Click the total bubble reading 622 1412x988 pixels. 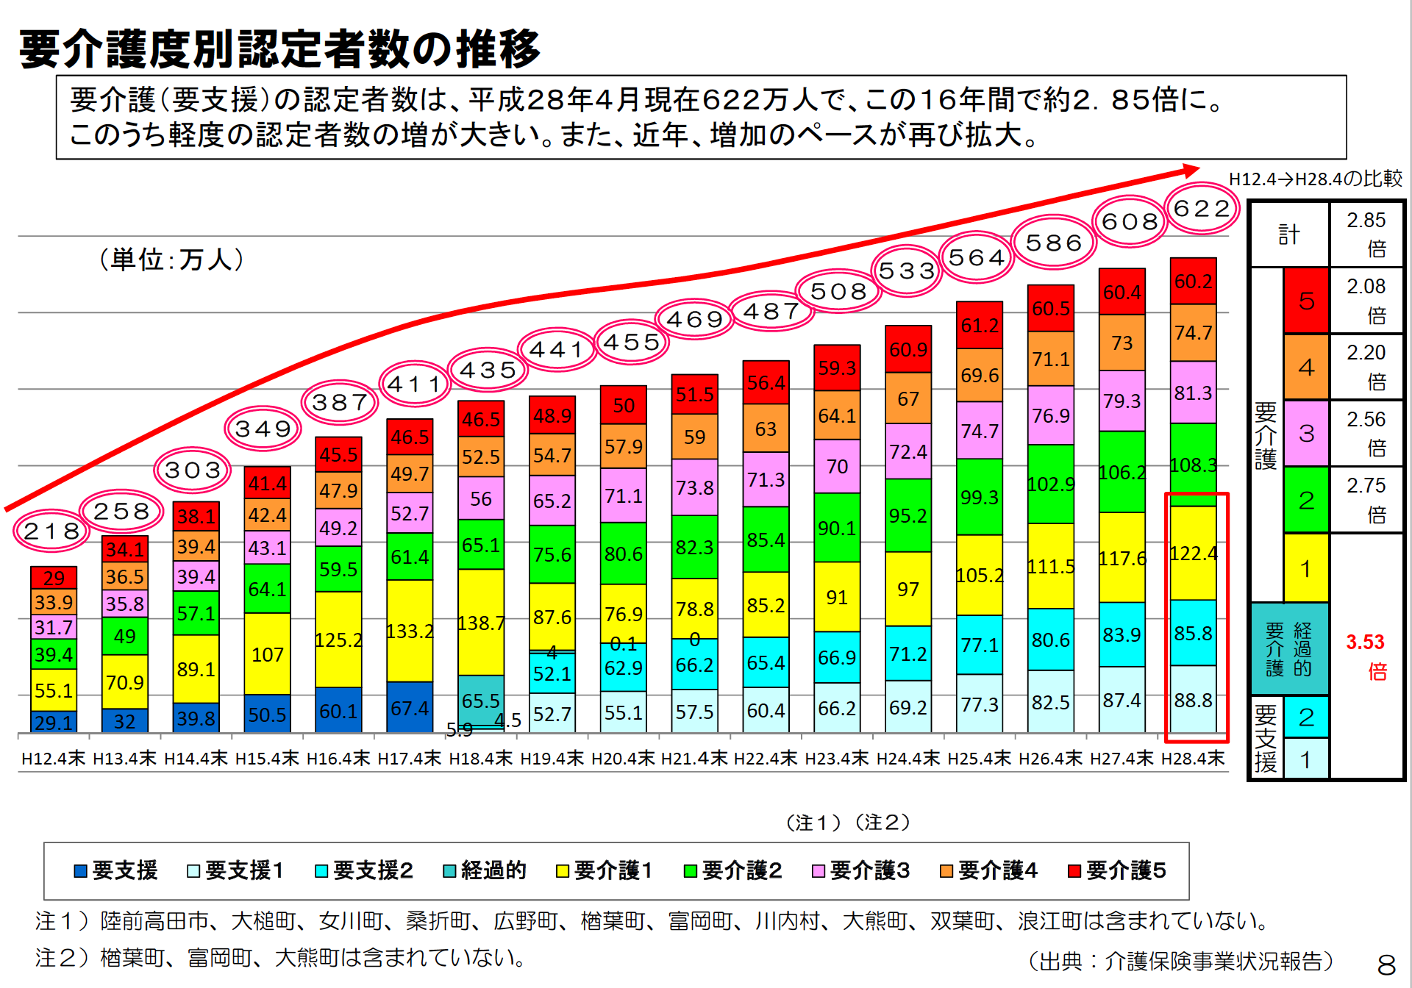click(1202, 209)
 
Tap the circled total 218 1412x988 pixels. click(51, 531)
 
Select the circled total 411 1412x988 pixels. click(414, 384)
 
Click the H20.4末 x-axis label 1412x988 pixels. click(623, 758)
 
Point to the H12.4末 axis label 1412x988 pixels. click(53, 758)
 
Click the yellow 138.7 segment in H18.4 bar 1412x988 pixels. click(481, 622)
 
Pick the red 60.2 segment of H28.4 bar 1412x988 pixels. click(1193, 281)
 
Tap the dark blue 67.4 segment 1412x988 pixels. click(410, 707)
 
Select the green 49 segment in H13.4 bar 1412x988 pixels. click(124, 636)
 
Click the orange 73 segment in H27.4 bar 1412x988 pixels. click(1122, 343)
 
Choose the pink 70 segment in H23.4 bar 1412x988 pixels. click(837, 466)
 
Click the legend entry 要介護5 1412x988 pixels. click(1117, 870)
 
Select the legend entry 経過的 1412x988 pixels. click(485, 870)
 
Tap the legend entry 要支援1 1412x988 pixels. click(236, 870)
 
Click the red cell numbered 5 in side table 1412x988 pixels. click(1306, 301)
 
